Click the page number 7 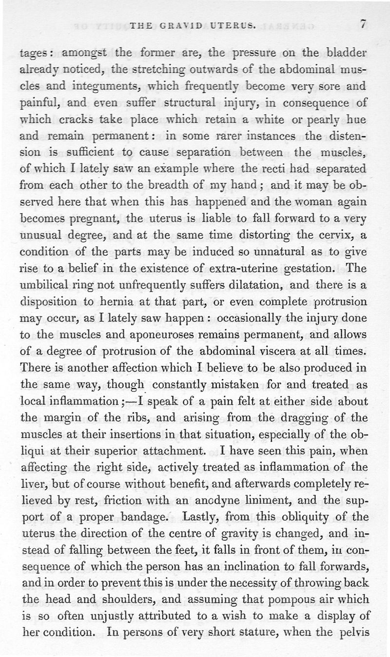point(362,24)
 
